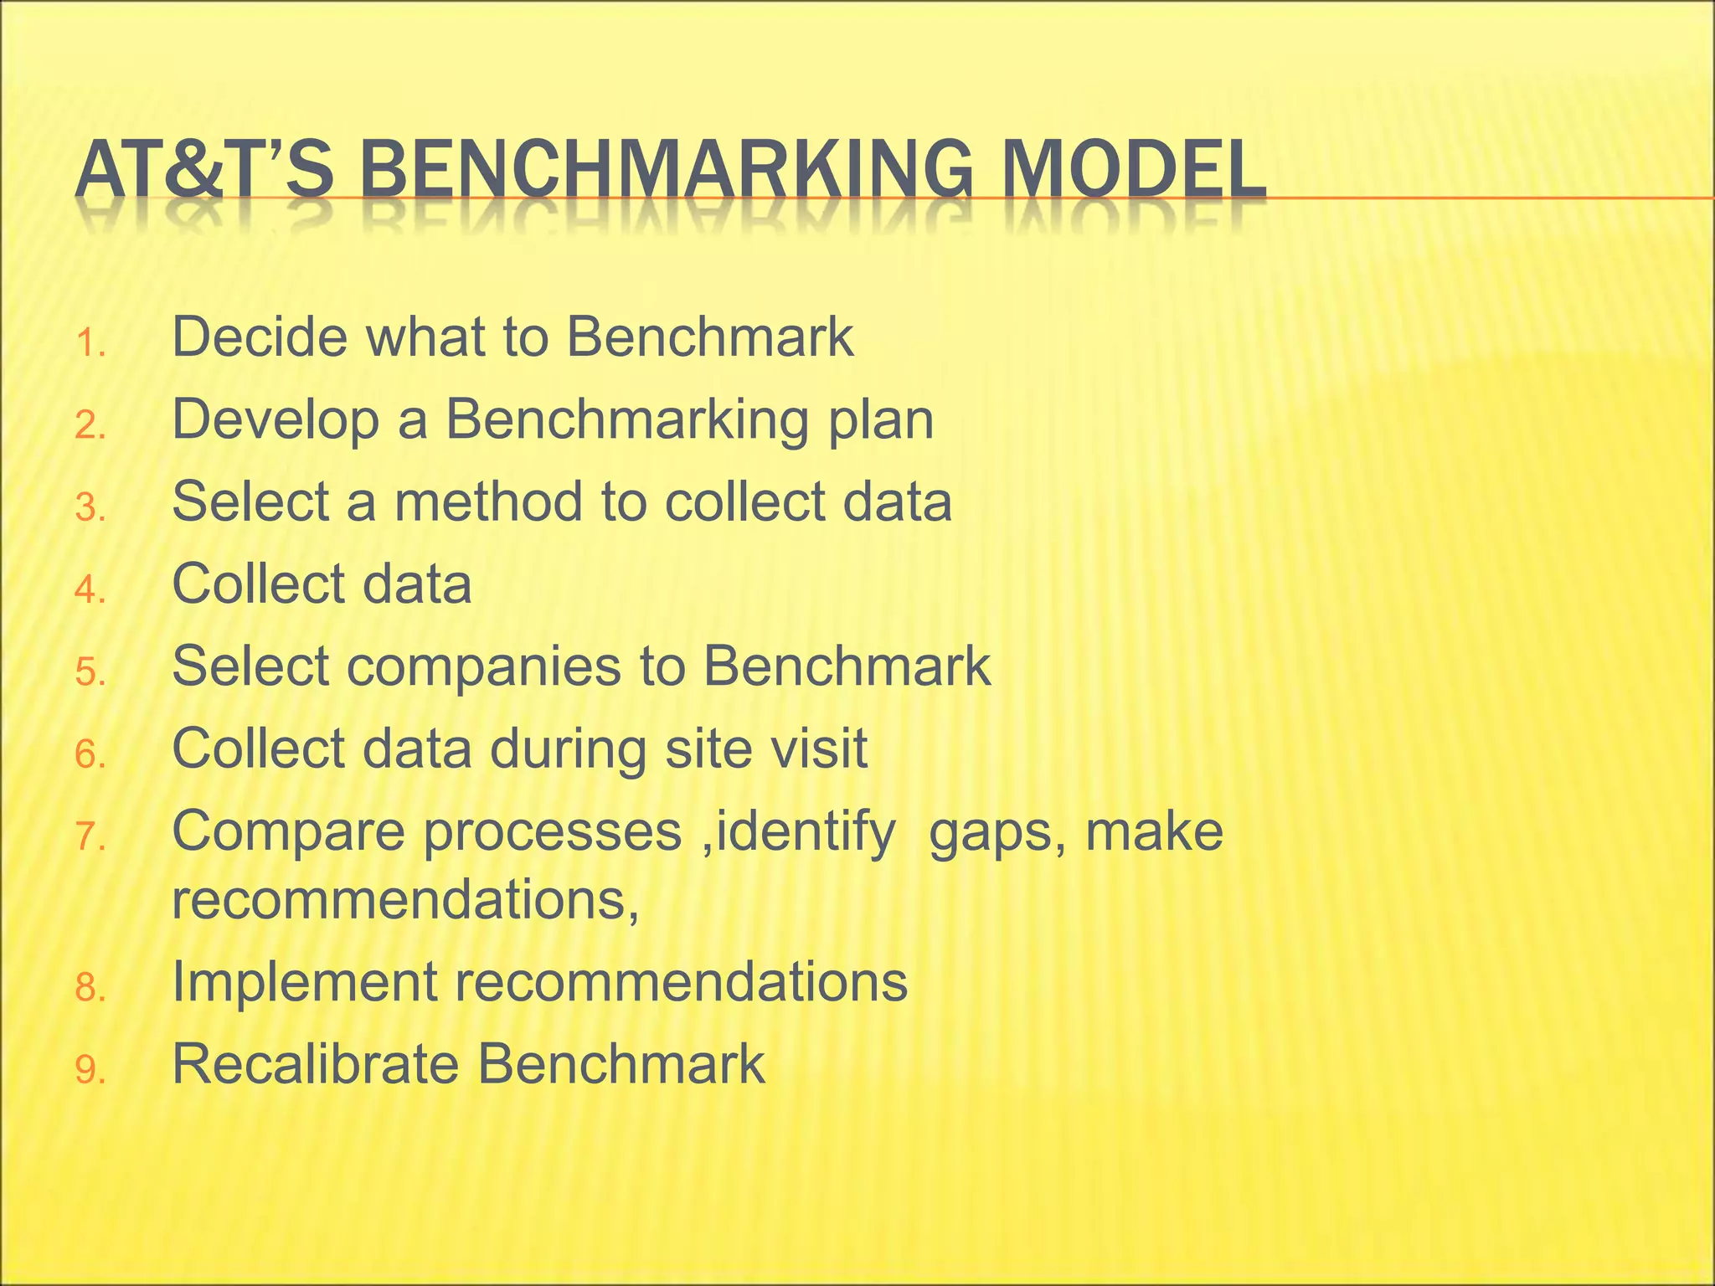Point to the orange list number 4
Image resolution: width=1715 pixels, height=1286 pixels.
click(89, 591)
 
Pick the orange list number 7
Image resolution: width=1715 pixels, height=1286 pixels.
click(89, 837)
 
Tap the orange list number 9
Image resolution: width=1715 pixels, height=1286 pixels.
click(89, 1071)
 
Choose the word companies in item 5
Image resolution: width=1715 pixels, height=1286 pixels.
click(484, 667)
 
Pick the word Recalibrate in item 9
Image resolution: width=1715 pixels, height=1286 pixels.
click(316, 1064)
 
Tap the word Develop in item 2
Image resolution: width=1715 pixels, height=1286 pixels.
click(276, 420)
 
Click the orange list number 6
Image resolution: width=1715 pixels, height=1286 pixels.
click(89, 756)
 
